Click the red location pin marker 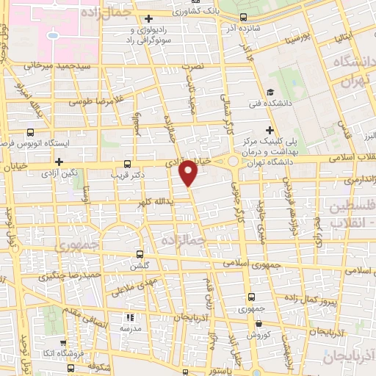(189, 172)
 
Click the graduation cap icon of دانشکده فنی (270, 93)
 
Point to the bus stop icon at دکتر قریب (129, 164)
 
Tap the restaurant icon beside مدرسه (129, 318)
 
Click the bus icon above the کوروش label (252, 297)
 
